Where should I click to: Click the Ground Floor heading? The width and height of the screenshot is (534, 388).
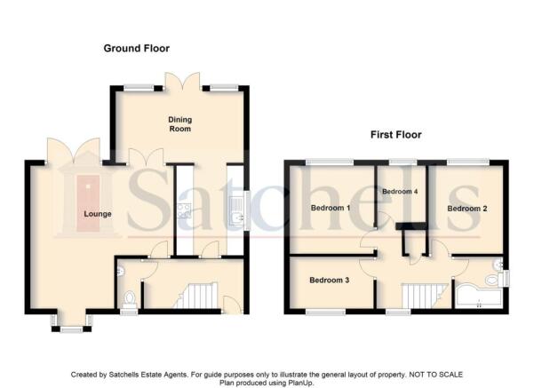137,48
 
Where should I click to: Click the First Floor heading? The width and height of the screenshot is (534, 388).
396,135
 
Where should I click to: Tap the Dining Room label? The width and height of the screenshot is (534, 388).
180,124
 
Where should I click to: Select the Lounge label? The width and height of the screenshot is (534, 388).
98,214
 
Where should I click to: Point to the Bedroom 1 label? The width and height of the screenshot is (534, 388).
331,208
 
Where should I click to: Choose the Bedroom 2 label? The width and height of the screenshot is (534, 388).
467,209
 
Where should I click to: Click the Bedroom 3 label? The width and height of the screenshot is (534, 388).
330,280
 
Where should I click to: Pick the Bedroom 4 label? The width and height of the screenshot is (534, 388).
400,192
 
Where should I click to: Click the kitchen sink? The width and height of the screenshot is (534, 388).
236,211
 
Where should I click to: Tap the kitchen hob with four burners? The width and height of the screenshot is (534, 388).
184,211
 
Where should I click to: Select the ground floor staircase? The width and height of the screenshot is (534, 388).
196,296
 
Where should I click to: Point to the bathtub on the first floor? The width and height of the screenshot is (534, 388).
479,297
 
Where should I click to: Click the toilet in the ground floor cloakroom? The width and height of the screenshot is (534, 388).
129,299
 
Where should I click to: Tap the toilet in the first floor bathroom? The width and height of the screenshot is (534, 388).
494,280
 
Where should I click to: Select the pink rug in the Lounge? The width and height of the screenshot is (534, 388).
88,203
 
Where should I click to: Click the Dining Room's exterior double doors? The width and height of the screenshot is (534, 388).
182,81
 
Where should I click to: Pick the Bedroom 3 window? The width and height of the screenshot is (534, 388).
325,312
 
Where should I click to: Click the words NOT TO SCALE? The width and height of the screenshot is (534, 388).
435,375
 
